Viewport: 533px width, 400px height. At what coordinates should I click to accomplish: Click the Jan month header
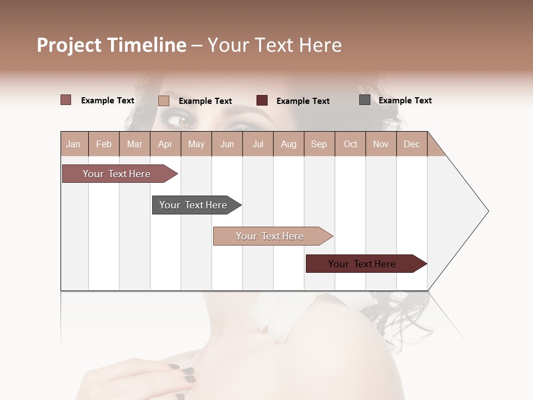pos(73,144)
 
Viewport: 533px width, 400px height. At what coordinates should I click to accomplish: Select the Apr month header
pos(165,144)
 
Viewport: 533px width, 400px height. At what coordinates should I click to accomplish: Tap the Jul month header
pos(258,144)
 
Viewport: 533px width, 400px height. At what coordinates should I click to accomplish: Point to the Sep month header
pos(319,144)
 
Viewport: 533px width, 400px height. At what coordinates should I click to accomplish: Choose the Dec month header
pos(411,144)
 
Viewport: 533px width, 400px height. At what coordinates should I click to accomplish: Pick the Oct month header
pos(350,144)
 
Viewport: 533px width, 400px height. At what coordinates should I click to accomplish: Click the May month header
pos(196,144)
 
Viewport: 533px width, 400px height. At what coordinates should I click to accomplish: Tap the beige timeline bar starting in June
pos(270,236)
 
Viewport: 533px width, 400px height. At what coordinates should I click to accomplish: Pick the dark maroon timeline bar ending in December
pos(364,264)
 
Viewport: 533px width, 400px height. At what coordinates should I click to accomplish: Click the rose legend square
pos(66,100)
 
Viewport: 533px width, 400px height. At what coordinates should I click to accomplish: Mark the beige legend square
pos(164,101)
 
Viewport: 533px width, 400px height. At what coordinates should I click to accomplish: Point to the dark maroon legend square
pos(262,100)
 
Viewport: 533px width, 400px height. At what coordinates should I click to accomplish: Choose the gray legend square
pos(365,100)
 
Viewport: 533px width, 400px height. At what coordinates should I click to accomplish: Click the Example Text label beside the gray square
pos(405,101)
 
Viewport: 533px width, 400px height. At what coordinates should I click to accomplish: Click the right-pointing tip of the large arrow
pos(487,211)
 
